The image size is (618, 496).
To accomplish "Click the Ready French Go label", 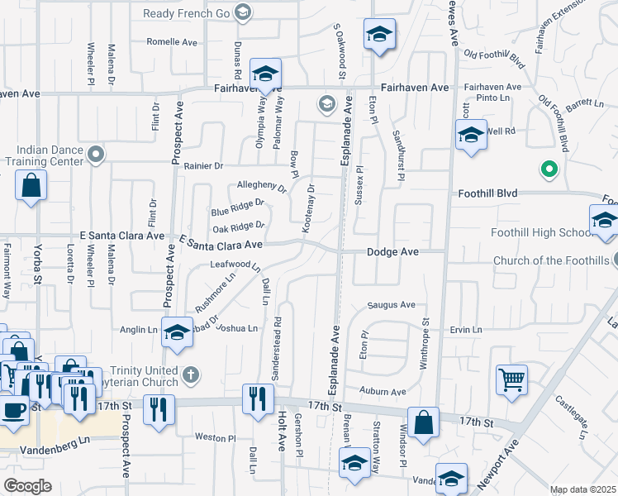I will tap(188, 13).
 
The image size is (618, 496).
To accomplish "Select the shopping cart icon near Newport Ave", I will tap(511, 380).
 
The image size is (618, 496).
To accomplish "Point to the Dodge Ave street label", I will tap(393, 250).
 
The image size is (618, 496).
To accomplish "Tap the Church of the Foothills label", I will tap(551, 261).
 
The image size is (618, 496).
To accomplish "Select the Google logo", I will tap(27, 486).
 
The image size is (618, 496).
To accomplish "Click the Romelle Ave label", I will tap(172, 41).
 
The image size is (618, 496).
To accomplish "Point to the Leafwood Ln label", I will tap(235, 266).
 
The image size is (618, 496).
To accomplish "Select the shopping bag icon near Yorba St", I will tap(31, 187).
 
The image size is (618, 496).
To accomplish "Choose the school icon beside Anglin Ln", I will tap(177, 333).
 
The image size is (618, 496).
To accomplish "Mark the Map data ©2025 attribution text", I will tap(582, 489).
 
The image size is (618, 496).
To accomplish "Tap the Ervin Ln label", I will tap(466, 330).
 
